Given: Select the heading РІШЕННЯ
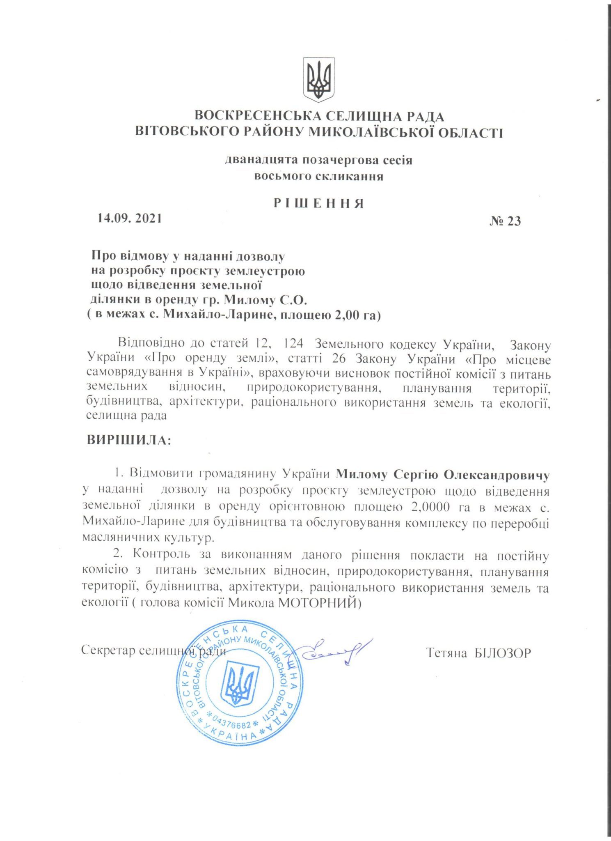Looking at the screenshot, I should coord(319,204).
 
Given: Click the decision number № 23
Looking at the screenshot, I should coord(505,221).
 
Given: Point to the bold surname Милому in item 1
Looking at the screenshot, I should coord(362,475).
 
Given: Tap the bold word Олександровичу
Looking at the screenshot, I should coord(497,475).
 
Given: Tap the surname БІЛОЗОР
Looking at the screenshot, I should coord(502,653).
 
